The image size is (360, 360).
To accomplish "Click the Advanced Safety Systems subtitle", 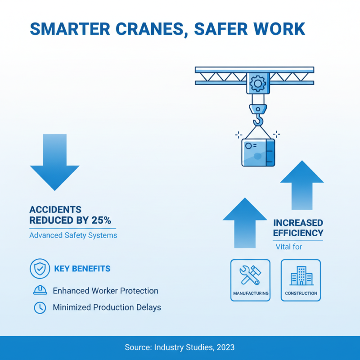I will (x=73, y=235).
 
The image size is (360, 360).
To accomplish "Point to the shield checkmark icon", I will (x=40, y=269).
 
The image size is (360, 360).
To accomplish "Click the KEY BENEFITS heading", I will (x=82, y=269).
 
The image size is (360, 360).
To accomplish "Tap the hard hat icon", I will (x=40, y=291).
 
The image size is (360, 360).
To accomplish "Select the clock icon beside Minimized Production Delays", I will (x=40, y=308).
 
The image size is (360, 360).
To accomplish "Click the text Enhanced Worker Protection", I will (x=105, y=291).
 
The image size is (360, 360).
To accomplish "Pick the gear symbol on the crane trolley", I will (x=258, y=83).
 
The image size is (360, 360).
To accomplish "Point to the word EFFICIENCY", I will (x=298, y=233).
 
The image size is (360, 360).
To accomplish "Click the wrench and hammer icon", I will (x=251, y=275).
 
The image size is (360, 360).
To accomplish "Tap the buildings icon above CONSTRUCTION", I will (x=301, y=275).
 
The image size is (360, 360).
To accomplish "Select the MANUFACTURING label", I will (x=251, y=293).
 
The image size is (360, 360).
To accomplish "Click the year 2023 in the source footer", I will (x=225, y=347).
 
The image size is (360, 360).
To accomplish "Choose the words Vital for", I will (x=288, y=247).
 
